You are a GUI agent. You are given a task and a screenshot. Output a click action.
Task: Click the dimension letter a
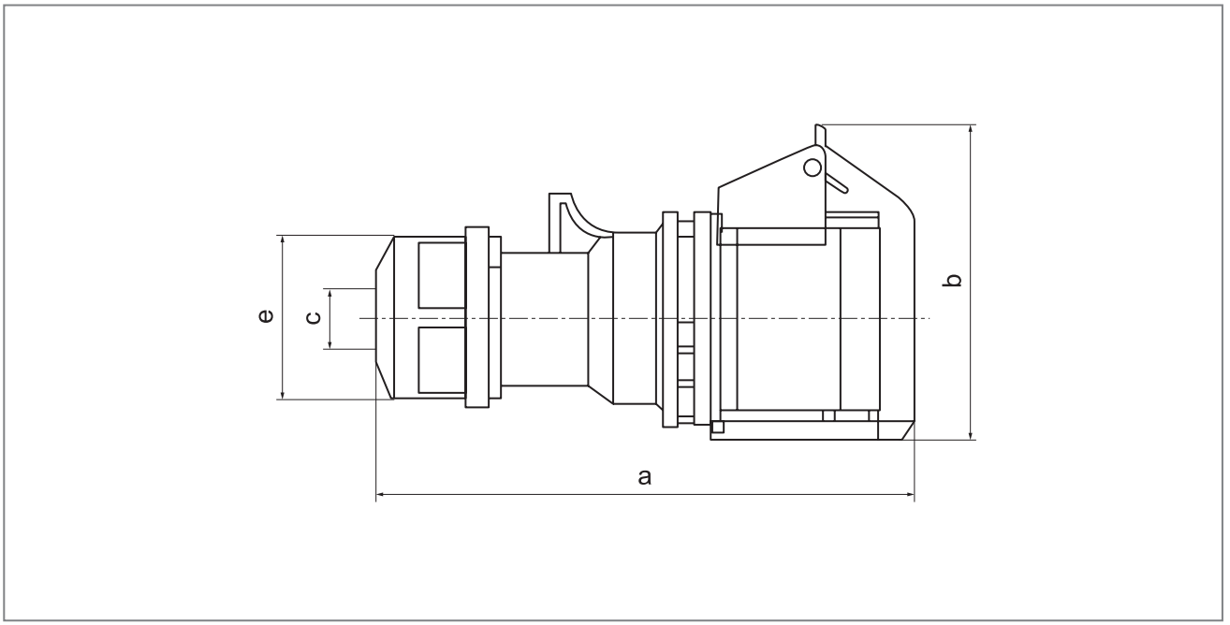click(x=644, y=477)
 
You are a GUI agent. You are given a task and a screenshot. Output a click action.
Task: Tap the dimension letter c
click(x=314, y=318)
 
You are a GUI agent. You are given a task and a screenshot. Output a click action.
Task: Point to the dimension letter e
click(x=266, y=317)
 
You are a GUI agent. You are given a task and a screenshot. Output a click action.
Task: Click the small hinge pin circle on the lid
click(x=813, y=168)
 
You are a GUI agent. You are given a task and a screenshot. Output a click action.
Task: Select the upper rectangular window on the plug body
click(x=440, y=276)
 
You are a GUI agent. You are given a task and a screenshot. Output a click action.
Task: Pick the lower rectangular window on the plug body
click(x=440, y=360)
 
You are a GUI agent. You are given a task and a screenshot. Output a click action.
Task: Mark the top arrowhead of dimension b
click(x=973, y=129)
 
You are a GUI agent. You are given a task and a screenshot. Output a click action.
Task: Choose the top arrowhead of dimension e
click(x=281, y=240)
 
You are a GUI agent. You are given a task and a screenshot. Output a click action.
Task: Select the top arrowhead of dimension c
click(x=329, y=293)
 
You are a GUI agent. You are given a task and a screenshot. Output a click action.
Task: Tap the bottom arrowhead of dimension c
click(x=329, y=344)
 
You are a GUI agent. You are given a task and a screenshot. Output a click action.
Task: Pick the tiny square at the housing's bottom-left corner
click(x=717, y=428)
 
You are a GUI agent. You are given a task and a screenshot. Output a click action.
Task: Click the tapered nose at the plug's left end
click(x=383, y=317)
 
